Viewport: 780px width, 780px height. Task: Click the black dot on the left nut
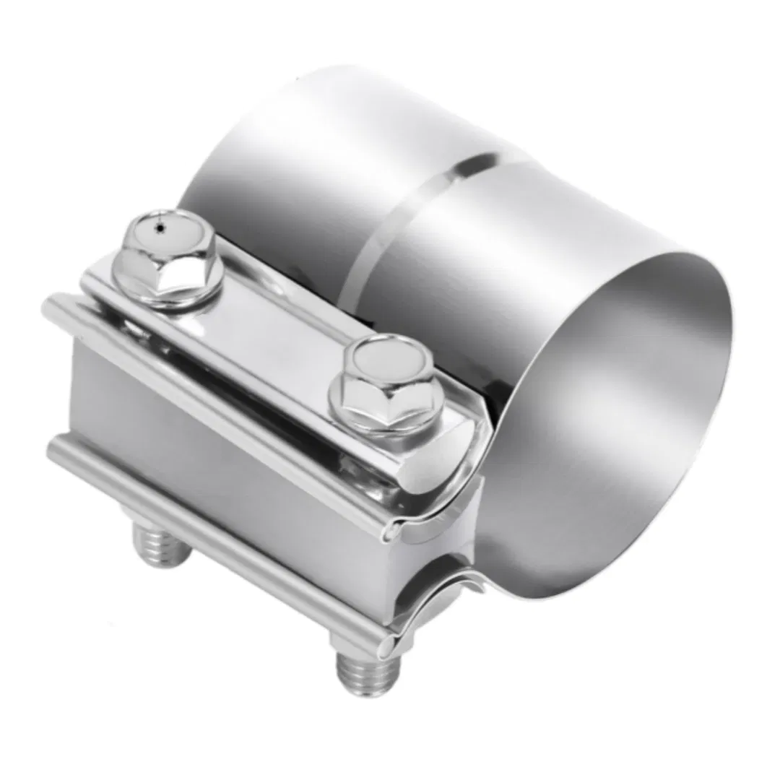tap(161, 228)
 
